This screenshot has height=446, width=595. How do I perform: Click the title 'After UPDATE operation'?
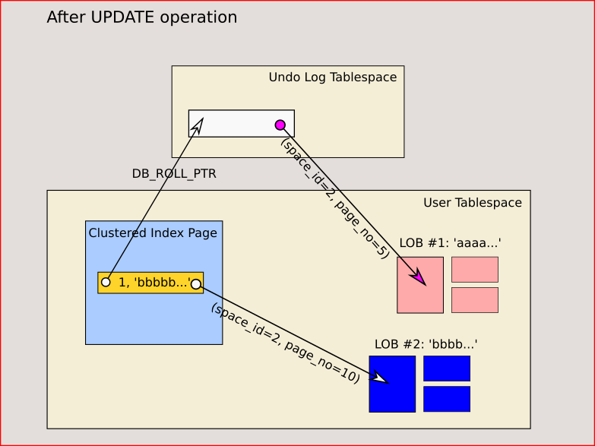(x=142, y=17)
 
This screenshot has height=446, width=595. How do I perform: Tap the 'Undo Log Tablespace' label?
(x=332, y=77)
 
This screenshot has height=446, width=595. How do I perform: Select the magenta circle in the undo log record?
(x=280, y=125)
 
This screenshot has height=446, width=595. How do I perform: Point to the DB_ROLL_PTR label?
(x=174, y=174)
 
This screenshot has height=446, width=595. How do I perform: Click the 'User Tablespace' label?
(x=472, y=203)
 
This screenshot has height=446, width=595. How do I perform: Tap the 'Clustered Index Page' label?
(x=153, y=233)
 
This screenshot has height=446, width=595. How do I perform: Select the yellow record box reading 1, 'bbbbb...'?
(x=150, y=283)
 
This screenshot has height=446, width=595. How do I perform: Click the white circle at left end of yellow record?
(x=106, y=283)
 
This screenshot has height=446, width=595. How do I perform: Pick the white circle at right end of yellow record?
(x=195, y=284)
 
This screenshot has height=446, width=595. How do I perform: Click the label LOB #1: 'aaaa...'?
(x=450, y=244)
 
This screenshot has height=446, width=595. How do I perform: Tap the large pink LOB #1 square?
(x=419, y=285)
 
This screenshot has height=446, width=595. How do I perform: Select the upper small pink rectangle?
(x=475, y=270)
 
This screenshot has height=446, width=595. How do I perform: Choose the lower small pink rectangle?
(x=475, y=300)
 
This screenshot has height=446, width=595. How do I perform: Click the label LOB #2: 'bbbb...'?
(x=426, y=344)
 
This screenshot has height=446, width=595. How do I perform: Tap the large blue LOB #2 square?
(x=392, y=384)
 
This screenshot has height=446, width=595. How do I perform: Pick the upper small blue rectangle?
(x=447, y=369)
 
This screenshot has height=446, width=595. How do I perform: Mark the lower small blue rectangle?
(x=447, y=399)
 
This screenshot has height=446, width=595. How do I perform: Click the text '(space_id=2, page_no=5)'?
(x=334, y=198)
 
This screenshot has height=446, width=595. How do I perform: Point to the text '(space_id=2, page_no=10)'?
(x=285, y=343)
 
